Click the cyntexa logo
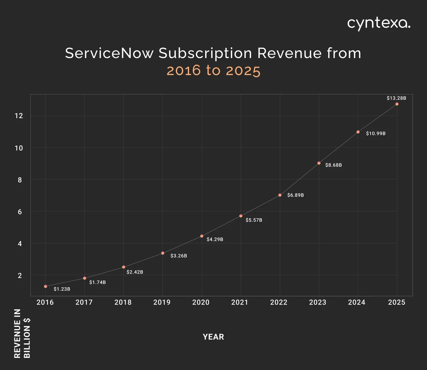(379, 24)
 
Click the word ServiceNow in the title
(109, 53)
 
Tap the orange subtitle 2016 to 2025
(213, 71)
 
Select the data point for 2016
(45, 286)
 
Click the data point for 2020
(201, 236)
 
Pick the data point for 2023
(319, 163)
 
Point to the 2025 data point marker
(397, 104)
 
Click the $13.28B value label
(396, 98)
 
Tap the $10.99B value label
(376, 133)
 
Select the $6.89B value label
(296, 195)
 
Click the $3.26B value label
(179, 256)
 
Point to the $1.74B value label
(97, 282)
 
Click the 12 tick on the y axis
(19, 116)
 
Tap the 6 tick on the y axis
(20, 212)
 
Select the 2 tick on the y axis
(20, 276)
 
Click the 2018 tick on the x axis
(123, 302)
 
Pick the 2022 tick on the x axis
(279, 302)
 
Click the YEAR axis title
(213, 337)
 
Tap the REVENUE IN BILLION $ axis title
(22, 333)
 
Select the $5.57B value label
(254, 220)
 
